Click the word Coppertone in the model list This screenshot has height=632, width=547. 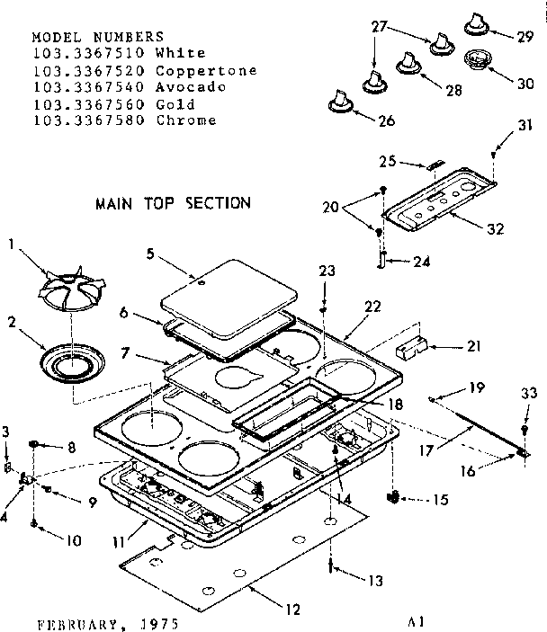[206, 70]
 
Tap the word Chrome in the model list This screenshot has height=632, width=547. [186, 120]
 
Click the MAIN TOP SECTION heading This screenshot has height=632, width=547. [173, 203]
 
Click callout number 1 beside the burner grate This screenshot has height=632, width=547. [11, 244]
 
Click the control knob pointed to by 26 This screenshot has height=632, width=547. [339, 100]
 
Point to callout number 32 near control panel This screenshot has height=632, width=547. [495, 228]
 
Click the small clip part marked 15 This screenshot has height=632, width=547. [393, 495]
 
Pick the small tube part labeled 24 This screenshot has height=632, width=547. [381, 262]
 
